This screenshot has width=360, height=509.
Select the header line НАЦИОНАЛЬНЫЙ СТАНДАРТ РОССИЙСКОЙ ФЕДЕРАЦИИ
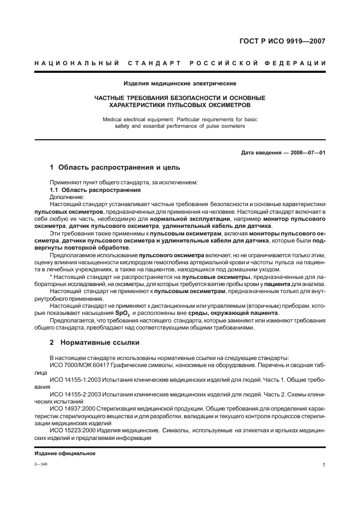(x=180, y=64)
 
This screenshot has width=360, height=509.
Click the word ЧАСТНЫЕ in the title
(x=111, y=98)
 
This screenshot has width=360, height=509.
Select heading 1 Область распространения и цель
(x=115, y=167)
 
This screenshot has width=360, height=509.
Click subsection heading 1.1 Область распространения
(x=95, y=190)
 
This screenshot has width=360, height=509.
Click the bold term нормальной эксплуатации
(x=189, y=219)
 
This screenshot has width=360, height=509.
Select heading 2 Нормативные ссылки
(x=95, y=343)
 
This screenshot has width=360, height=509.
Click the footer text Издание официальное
(x=65, y=454)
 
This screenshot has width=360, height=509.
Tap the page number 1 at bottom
(x=324, y=465)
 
